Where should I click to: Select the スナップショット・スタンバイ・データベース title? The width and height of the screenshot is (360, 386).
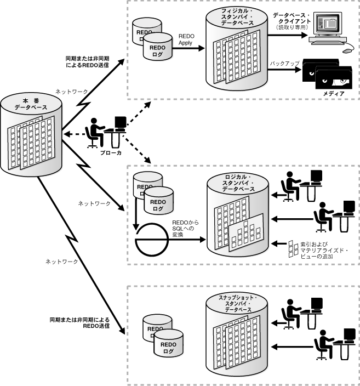coord(237,303)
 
